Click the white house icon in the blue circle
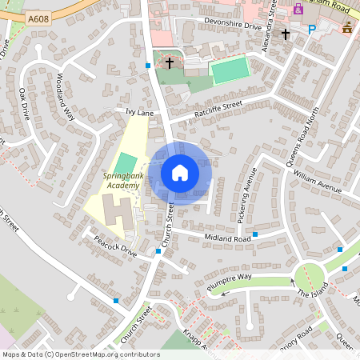(x=180, y=173)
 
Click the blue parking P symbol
(x=312, y=30)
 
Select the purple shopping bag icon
(x=298, y=9)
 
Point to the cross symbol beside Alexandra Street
(x=285, y=34)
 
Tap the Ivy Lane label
(x=139, y=113)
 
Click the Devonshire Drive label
(x=233, y=26)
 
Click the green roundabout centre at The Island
(x=310, y=279)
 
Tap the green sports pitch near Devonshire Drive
(x=230, y=70)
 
